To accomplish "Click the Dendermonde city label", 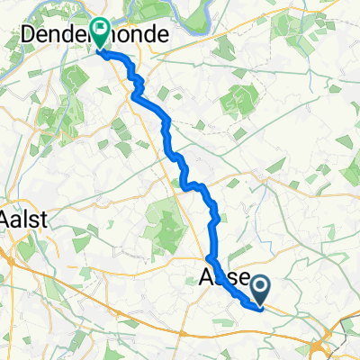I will coord(90,34).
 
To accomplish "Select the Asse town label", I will coord(221,280).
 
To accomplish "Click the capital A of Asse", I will coord(204,280).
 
